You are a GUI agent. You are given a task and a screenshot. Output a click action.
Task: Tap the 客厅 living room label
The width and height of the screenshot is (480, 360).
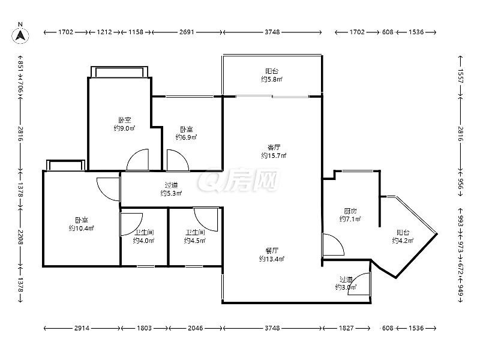coord(274,148)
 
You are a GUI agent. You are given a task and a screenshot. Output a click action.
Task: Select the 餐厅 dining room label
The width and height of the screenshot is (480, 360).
coord(272,251)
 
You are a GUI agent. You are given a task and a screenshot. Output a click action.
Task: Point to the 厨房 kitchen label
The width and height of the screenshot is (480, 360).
coord(350,211)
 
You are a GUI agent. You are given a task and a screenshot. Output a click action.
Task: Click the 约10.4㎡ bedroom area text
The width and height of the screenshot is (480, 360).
coord(81,229)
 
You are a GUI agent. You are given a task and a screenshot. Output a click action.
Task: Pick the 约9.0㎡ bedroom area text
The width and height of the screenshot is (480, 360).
coord(124,128)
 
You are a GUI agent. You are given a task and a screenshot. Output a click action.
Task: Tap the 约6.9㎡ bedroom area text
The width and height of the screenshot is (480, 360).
coord(186,137)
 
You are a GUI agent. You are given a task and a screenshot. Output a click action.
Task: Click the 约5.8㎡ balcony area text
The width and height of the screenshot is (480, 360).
coord(272,80)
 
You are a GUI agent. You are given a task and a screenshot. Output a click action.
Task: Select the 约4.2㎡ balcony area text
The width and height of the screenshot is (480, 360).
coord(403,241)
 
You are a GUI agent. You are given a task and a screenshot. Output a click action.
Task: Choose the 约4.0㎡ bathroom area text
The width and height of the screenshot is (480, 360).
coord(143,241)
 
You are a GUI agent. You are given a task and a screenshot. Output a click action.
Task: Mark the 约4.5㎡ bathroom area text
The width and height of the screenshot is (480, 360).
coord(194,241)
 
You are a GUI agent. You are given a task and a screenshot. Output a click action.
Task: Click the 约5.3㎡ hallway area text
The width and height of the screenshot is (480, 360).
coord(171,193)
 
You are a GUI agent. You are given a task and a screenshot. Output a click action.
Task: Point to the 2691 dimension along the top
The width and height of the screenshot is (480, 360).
coord(187,32)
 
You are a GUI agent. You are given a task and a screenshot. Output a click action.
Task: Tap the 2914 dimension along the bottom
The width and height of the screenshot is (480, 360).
coord(82,328)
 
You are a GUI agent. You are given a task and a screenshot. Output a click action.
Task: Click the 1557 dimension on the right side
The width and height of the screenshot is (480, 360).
coord(460,76)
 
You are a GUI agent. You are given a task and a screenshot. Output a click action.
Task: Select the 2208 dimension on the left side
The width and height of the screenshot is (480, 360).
coord(20,237)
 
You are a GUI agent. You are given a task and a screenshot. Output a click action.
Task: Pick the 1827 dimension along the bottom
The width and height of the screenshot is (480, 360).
coord(346,328)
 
